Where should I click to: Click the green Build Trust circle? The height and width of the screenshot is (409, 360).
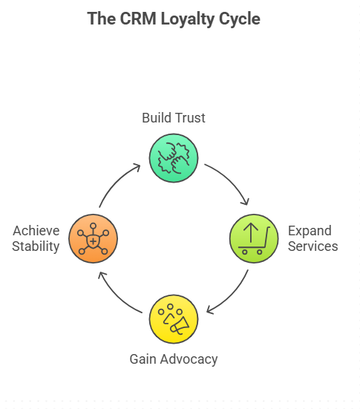pyautogui.click(x=173, y=157)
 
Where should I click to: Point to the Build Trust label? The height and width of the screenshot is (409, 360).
pyautogui.click(x=173, y=118)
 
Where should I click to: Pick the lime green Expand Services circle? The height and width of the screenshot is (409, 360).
pyautogui.click(x=253, y=238)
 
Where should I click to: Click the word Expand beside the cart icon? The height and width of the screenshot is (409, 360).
pyautogui.click(x=310, y=230)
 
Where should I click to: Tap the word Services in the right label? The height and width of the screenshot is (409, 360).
pyautogui.click(x=313, y=246)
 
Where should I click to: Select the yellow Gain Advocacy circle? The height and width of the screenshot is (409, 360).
pyautogui.click(x=173, y=318)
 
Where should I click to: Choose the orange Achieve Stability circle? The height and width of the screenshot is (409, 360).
pyautogui.click(x=93, y=238)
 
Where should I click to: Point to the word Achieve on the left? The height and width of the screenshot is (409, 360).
pyautogui.click(x=36, y=230)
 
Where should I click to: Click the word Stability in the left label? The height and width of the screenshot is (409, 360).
pyautogui.click(x=36, y=246)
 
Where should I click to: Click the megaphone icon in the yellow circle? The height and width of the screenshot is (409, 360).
pyautogui.click(x=179, y=324)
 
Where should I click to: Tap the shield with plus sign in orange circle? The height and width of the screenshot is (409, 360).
pyautogui.click(x=93, y=241)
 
